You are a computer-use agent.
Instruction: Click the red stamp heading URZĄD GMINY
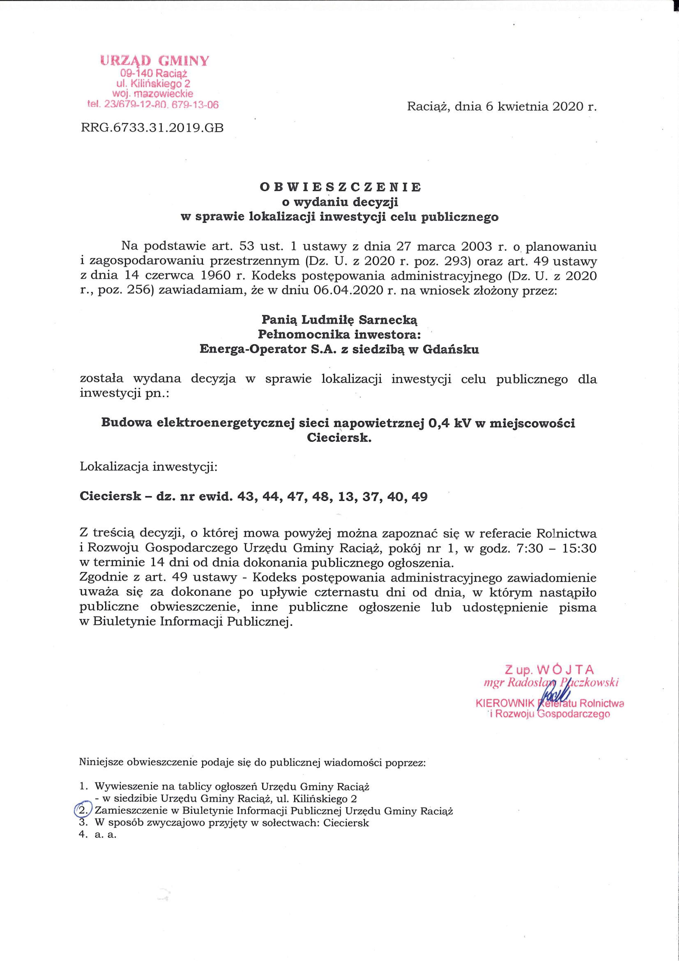pos(154,61)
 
